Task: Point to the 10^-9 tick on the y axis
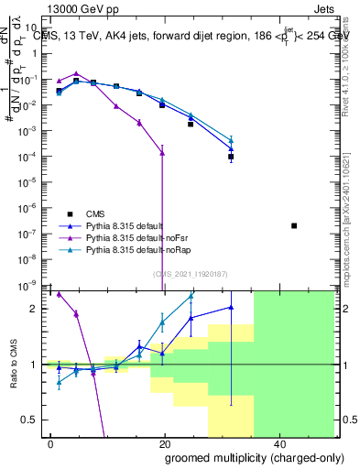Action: pyautogui.click(x=31, y=285)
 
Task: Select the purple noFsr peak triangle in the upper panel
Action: pyautogui.click(x=76, y=73)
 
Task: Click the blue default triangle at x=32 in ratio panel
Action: pyautogui.click(x=231, y=308)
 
